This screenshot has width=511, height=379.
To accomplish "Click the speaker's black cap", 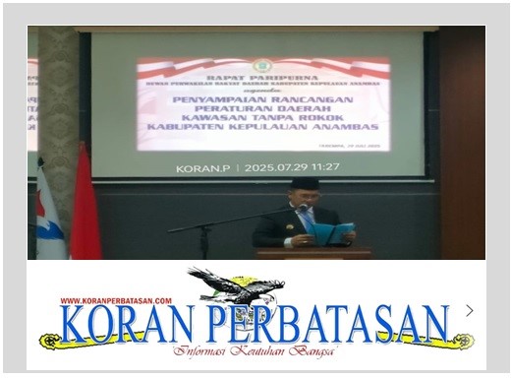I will point(304,183).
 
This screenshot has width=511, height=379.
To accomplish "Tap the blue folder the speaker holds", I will point(332,232).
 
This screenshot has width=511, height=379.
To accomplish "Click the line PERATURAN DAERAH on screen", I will point(264,110).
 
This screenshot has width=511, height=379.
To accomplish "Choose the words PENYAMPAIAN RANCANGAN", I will point(264,100).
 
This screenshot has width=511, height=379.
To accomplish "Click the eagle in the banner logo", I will point(240,289).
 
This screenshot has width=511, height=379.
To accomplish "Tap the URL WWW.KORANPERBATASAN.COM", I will point(116,301).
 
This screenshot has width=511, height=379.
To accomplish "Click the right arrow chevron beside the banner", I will point(469,310).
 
